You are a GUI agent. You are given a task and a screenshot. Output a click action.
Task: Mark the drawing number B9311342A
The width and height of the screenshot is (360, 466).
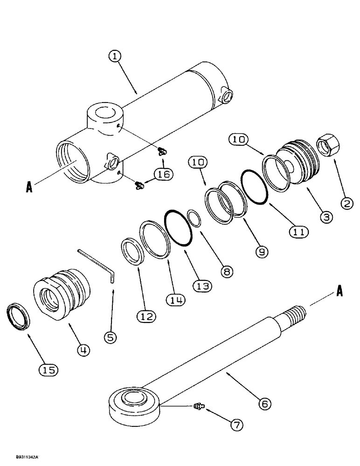20,459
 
